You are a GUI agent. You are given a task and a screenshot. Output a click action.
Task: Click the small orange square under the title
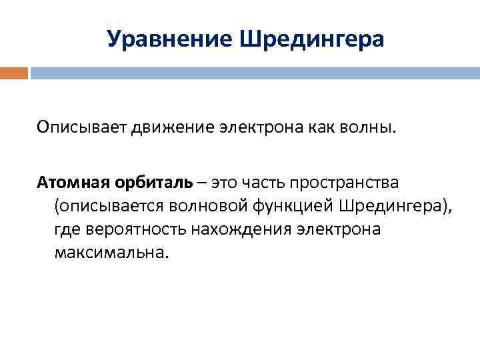click(14, 73)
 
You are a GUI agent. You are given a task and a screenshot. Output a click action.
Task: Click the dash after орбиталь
click(201, 181)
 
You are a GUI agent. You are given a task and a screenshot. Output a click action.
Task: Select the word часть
click(268, 181)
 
